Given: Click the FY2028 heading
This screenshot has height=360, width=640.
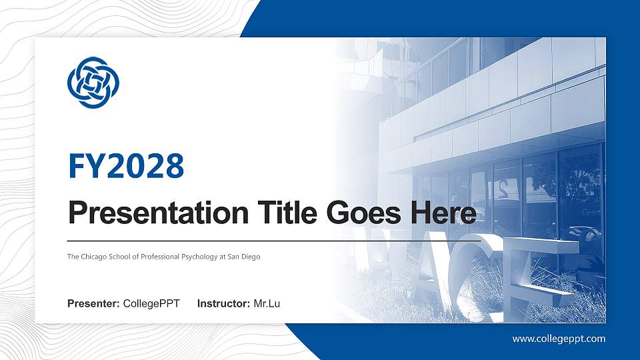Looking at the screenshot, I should pos(126,166).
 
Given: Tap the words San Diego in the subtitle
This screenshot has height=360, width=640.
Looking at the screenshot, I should pos(245,256).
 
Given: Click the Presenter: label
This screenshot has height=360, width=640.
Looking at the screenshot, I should pos(93,305).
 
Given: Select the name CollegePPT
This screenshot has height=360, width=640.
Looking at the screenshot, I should pos(151,305).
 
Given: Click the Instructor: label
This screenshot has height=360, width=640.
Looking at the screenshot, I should pos(224,305).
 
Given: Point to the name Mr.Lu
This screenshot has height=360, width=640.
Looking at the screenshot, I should pos(267,305).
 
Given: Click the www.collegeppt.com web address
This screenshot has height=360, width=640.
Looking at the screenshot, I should pos(559,339).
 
